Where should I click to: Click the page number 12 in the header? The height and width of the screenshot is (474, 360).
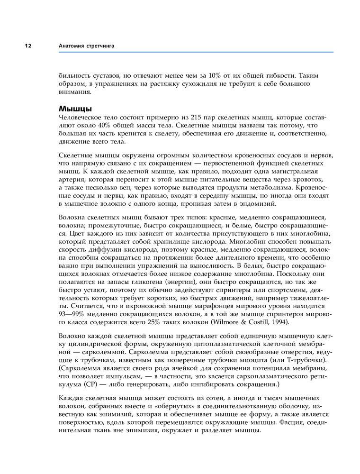pyautogui.click(x=27, y=46)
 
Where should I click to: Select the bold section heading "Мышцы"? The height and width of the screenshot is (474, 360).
pyautogui.click(x=75, y=109)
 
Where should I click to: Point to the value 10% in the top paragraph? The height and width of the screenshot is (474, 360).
pyautogui.click(x=216, y=75)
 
